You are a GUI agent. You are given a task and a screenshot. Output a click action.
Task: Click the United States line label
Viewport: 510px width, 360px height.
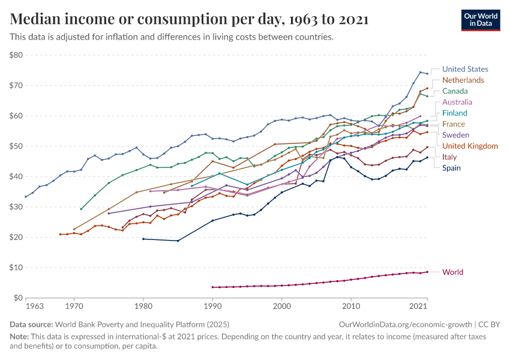coord(465,69)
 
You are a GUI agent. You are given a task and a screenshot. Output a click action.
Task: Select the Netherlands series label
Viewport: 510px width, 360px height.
coord(463,80)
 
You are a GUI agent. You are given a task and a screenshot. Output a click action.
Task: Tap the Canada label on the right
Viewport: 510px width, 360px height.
coord(455,91)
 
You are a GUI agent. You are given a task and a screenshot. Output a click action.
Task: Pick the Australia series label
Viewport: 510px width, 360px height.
coord(457,102)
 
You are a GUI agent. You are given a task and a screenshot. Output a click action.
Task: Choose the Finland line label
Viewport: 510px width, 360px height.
coord(455,113)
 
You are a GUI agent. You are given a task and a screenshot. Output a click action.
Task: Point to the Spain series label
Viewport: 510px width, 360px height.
coord(452,168)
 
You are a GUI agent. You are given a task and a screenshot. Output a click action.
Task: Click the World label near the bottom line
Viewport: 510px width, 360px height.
coord(452,272)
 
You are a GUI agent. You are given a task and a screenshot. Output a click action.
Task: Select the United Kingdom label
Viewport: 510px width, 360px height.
coord(470,146)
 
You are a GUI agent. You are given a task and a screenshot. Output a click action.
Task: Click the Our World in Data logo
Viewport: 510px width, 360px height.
coord(480,20)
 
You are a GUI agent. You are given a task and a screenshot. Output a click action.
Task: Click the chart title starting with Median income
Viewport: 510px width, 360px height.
coord(189,20)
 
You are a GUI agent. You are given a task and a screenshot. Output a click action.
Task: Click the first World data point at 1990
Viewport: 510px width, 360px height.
coord(212,287)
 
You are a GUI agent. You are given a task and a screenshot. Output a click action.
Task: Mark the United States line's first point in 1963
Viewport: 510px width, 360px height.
coord(26,197)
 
